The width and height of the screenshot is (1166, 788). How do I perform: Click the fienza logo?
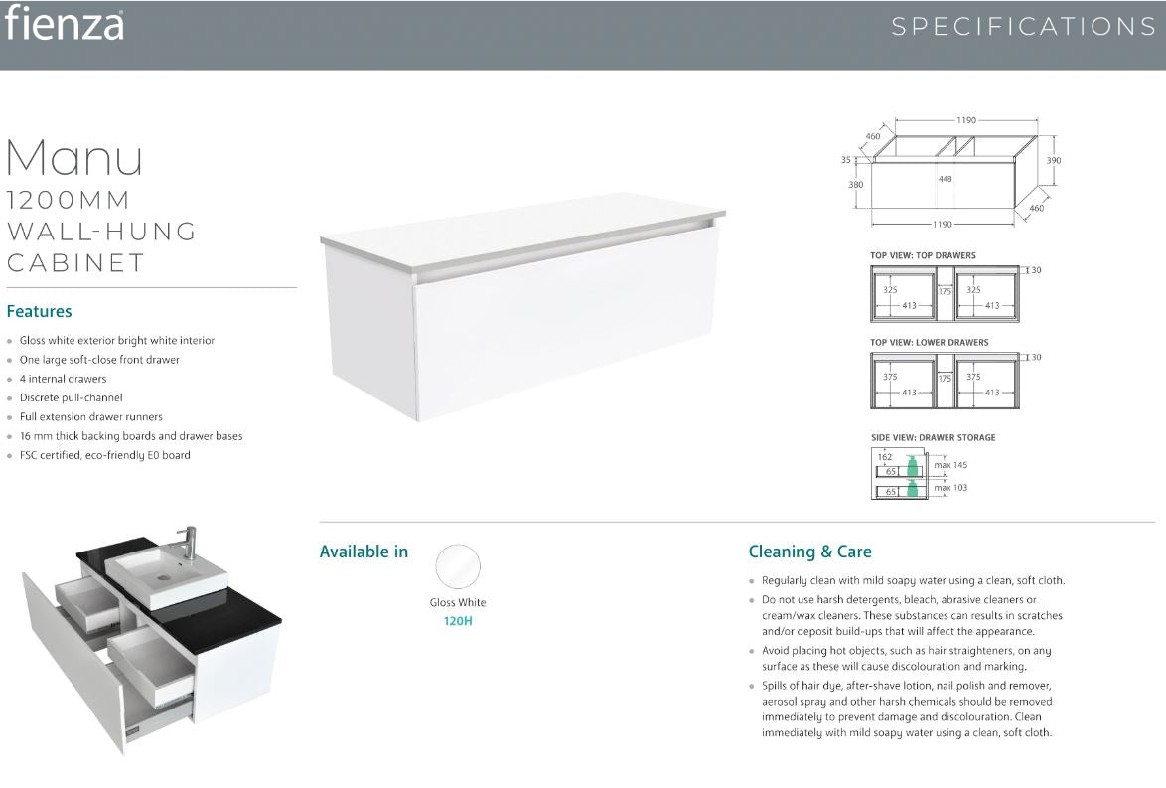coord(64,23)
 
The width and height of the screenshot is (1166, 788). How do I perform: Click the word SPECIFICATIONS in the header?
coord(1024,27)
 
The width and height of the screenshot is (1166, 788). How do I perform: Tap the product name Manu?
coord(74,158)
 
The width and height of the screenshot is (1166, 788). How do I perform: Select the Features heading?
coord(40,311)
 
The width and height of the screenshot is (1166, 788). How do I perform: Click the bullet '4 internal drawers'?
coord(64,379)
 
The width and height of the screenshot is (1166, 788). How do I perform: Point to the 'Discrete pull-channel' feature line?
coord(72,398)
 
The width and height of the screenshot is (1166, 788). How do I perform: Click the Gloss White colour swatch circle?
coord(458,567)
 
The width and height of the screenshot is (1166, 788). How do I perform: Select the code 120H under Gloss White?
coord(458,621)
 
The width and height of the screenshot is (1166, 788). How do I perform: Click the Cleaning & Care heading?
coord(809,552)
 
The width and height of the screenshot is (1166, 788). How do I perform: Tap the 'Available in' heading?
coord(364,552)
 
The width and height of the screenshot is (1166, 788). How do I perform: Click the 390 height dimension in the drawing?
coord(1054,161)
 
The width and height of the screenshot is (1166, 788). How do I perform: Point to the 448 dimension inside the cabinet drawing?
coord(946,179)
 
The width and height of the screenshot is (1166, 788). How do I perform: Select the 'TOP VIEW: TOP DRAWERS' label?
coord(923,256)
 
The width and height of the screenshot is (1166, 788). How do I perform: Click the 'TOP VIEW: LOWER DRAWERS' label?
coord(930,343)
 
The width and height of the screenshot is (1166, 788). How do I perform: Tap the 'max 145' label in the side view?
coord(950,465)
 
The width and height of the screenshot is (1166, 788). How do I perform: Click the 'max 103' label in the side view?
coord(950,488)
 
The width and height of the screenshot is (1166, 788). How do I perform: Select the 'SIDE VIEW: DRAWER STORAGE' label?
coord(934,437)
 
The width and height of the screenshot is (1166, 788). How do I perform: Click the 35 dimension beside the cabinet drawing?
coord(846,160)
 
